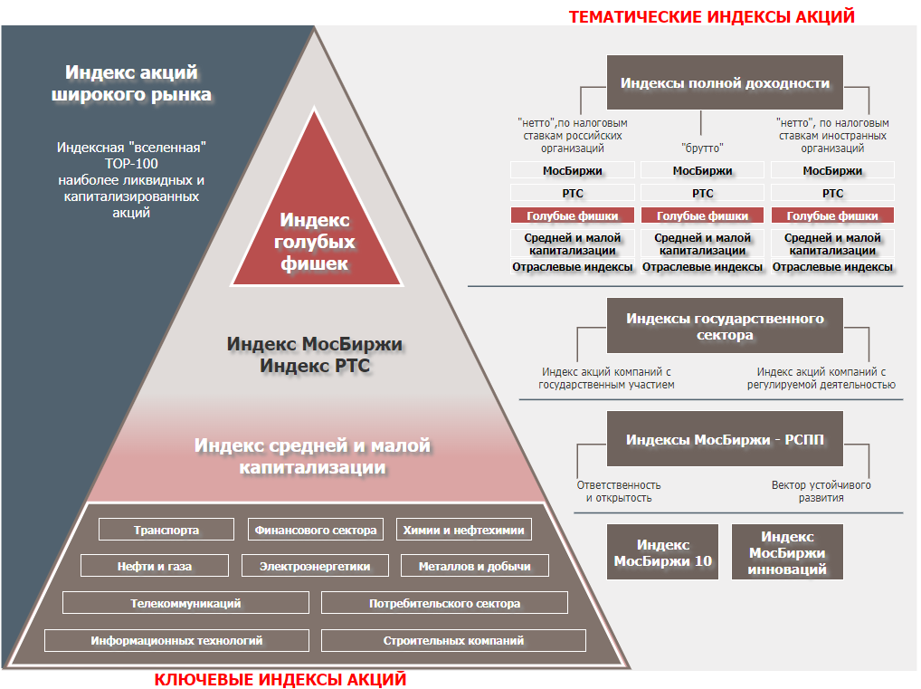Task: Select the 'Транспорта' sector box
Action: (166, 530)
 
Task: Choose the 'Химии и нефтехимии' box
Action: (463, 530)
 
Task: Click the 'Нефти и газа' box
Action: (155, 567)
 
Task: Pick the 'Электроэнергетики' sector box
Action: (315, 567)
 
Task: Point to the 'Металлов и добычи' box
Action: (474, 567)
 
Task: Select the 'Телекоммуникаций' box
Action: (185, 603)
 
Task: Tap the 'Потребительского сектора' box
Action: (444, 603)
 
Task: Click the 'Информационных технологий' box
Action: (176, 640)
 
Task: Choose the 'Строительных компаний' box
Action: (453, 640)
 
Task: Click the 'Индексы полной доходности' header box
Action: (725, 83)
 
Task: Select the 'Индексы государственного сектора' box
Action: (725, 326)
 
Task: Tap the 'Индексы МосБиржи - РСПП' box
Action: (725, 440)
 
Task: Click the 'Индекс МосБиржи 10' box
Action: (663, 552)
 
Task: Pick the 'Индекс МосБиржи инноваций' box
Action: (787, 552)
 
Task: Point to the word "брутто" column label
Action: (702, 148)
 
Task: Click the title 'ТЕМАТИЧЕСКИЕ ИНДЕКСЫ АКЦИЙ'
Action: (710, 16)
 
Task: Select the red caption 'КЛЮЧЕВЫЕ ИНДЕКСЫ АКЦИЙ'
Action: (280, 679)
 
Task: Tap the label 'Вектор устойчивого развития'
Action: (821, 492)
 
